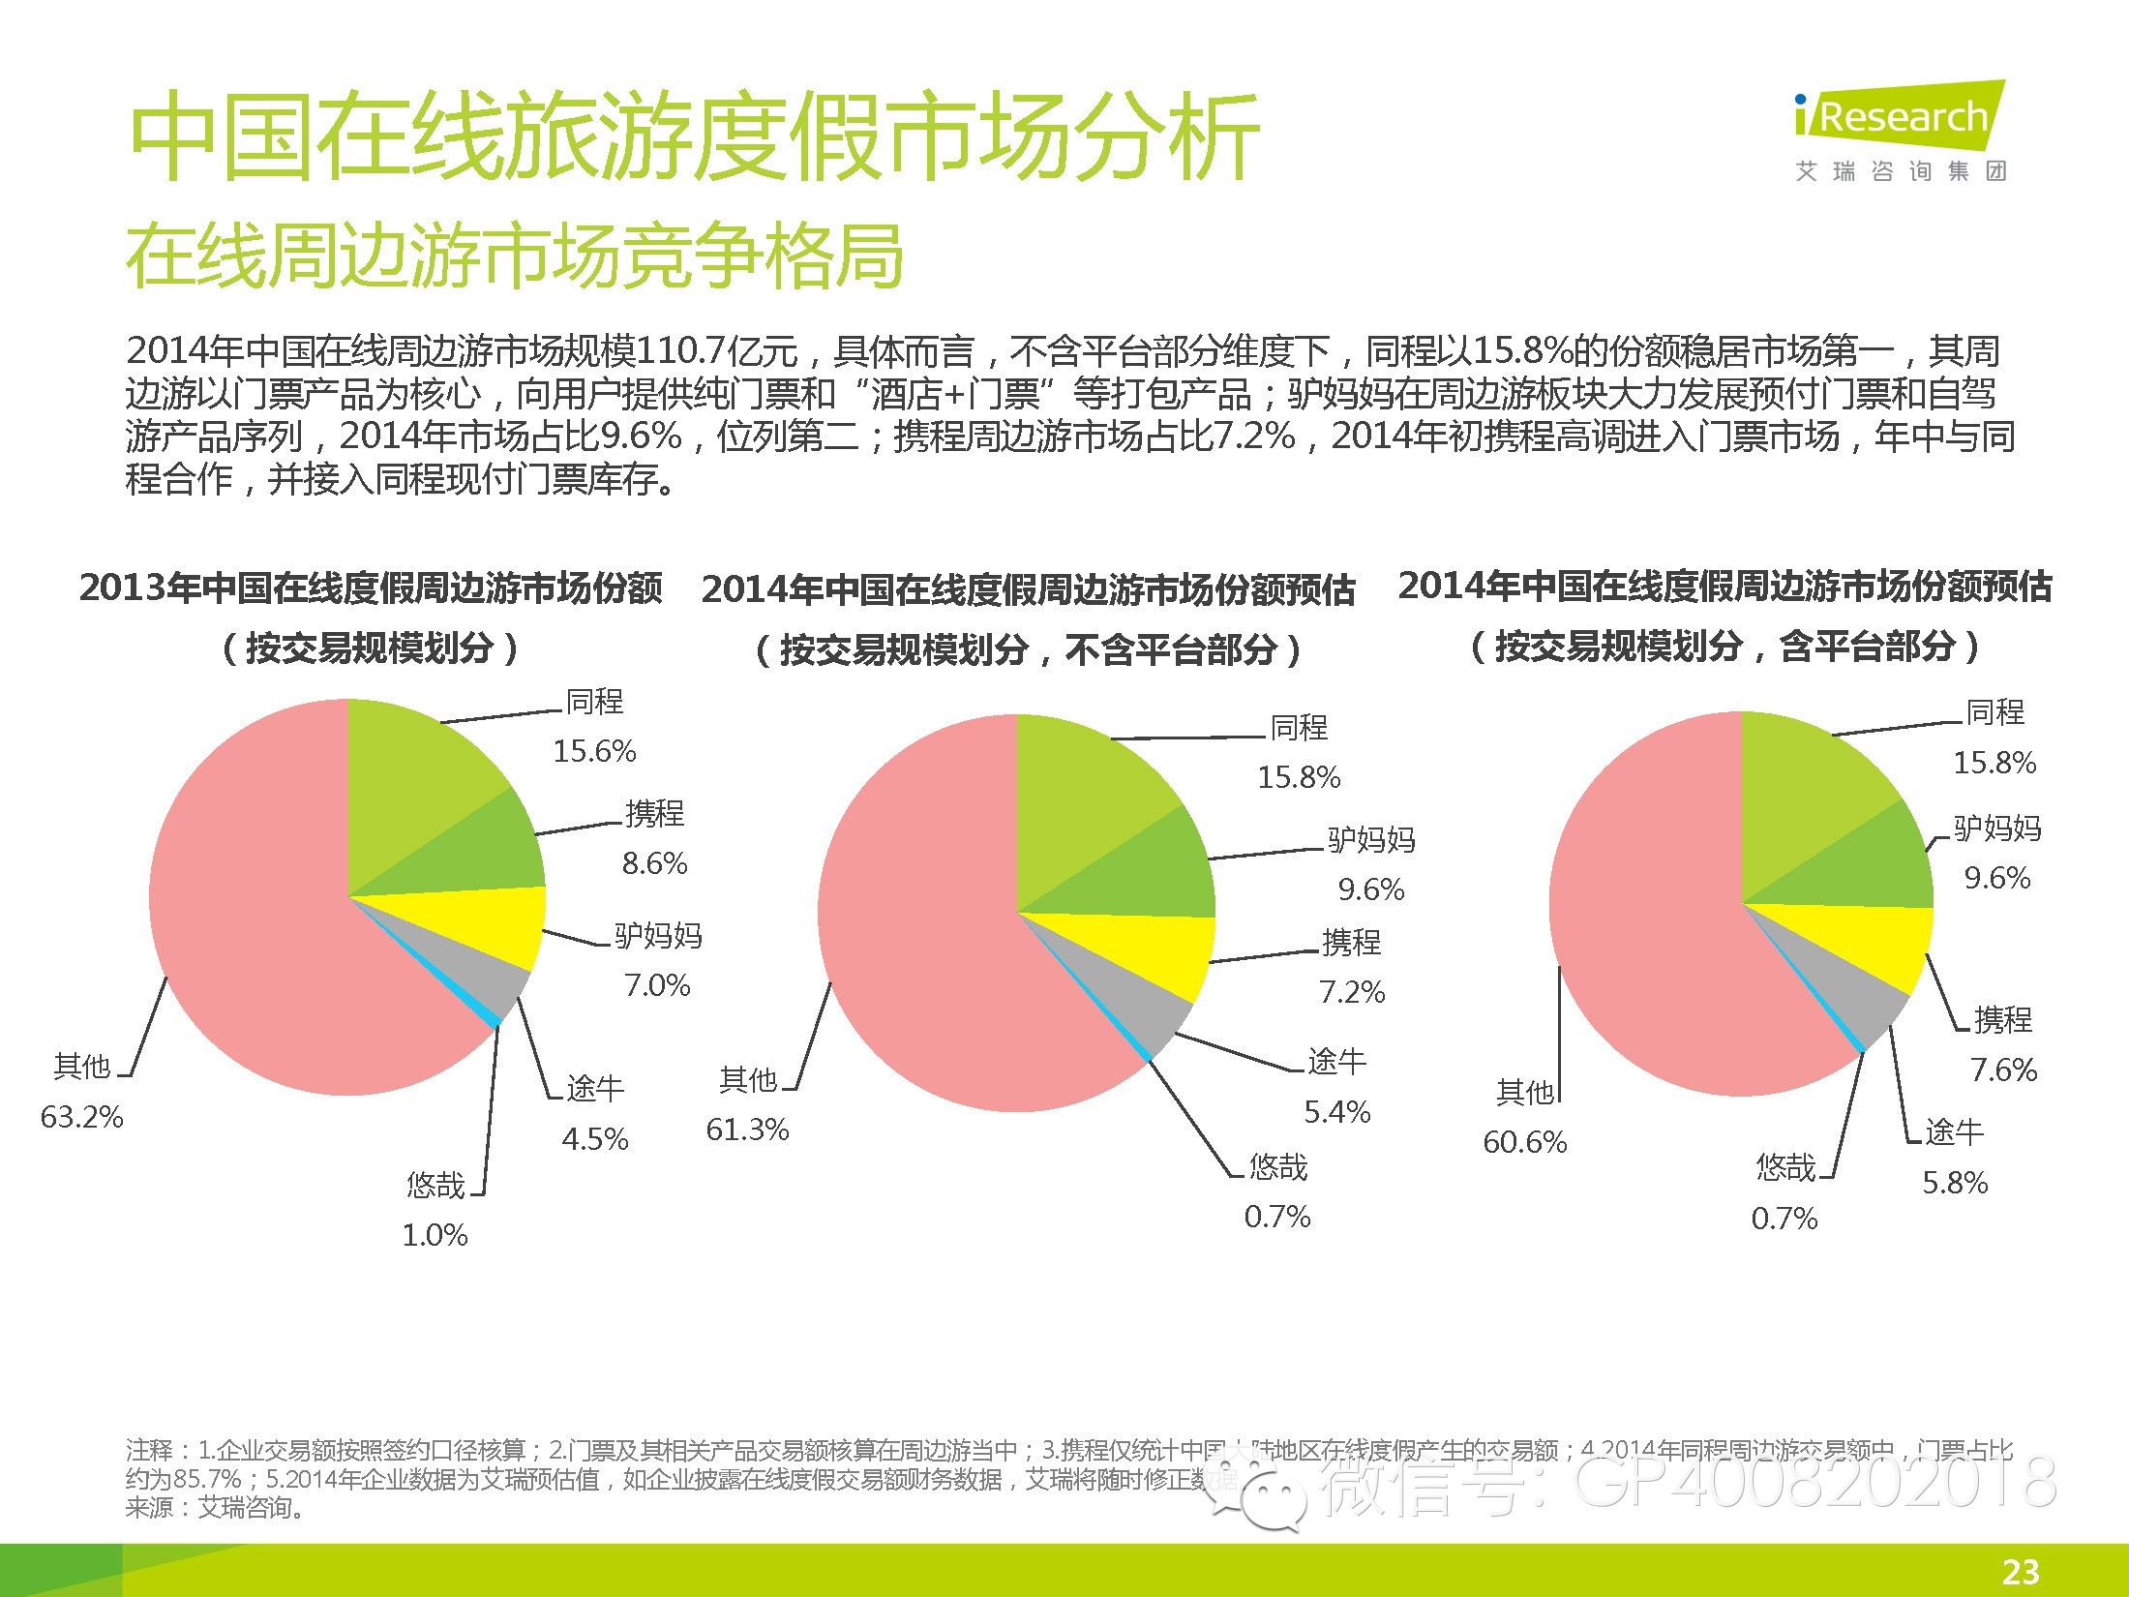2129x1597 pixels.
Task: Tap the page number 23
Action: point(2021,1571)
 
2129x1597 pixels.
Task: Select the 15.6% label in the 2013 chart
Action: point(594,751)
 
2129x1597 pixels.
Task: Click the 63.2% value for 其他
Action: point(82,1117)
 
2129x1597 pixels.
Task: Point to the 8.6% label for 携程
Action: point(654,863)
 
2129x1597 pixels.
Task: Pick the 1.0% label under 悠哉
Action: point(435,1235)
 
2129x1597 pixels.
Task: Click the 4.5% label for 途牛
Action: point(594,1139)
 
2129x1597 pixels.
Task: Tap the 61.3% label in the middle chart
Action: point(747,1130)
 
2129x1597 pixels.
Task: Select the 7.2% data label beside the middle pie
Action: point(1352,992)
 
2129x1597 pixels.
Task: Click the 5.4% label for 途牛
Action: point(1337,1112)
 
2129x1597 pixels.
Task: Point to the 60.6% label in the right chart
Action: point(1524,1142)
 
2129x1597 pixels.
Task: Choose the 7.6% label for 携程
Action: point(2003,1070)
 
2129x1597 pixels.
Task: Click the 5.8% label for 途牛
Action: point(1955,1183)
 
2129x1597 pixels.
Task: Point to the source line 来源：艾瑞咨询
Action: point(215,1508)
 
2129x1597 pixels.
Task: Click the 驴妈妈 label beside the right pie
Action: point(1996,829)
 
